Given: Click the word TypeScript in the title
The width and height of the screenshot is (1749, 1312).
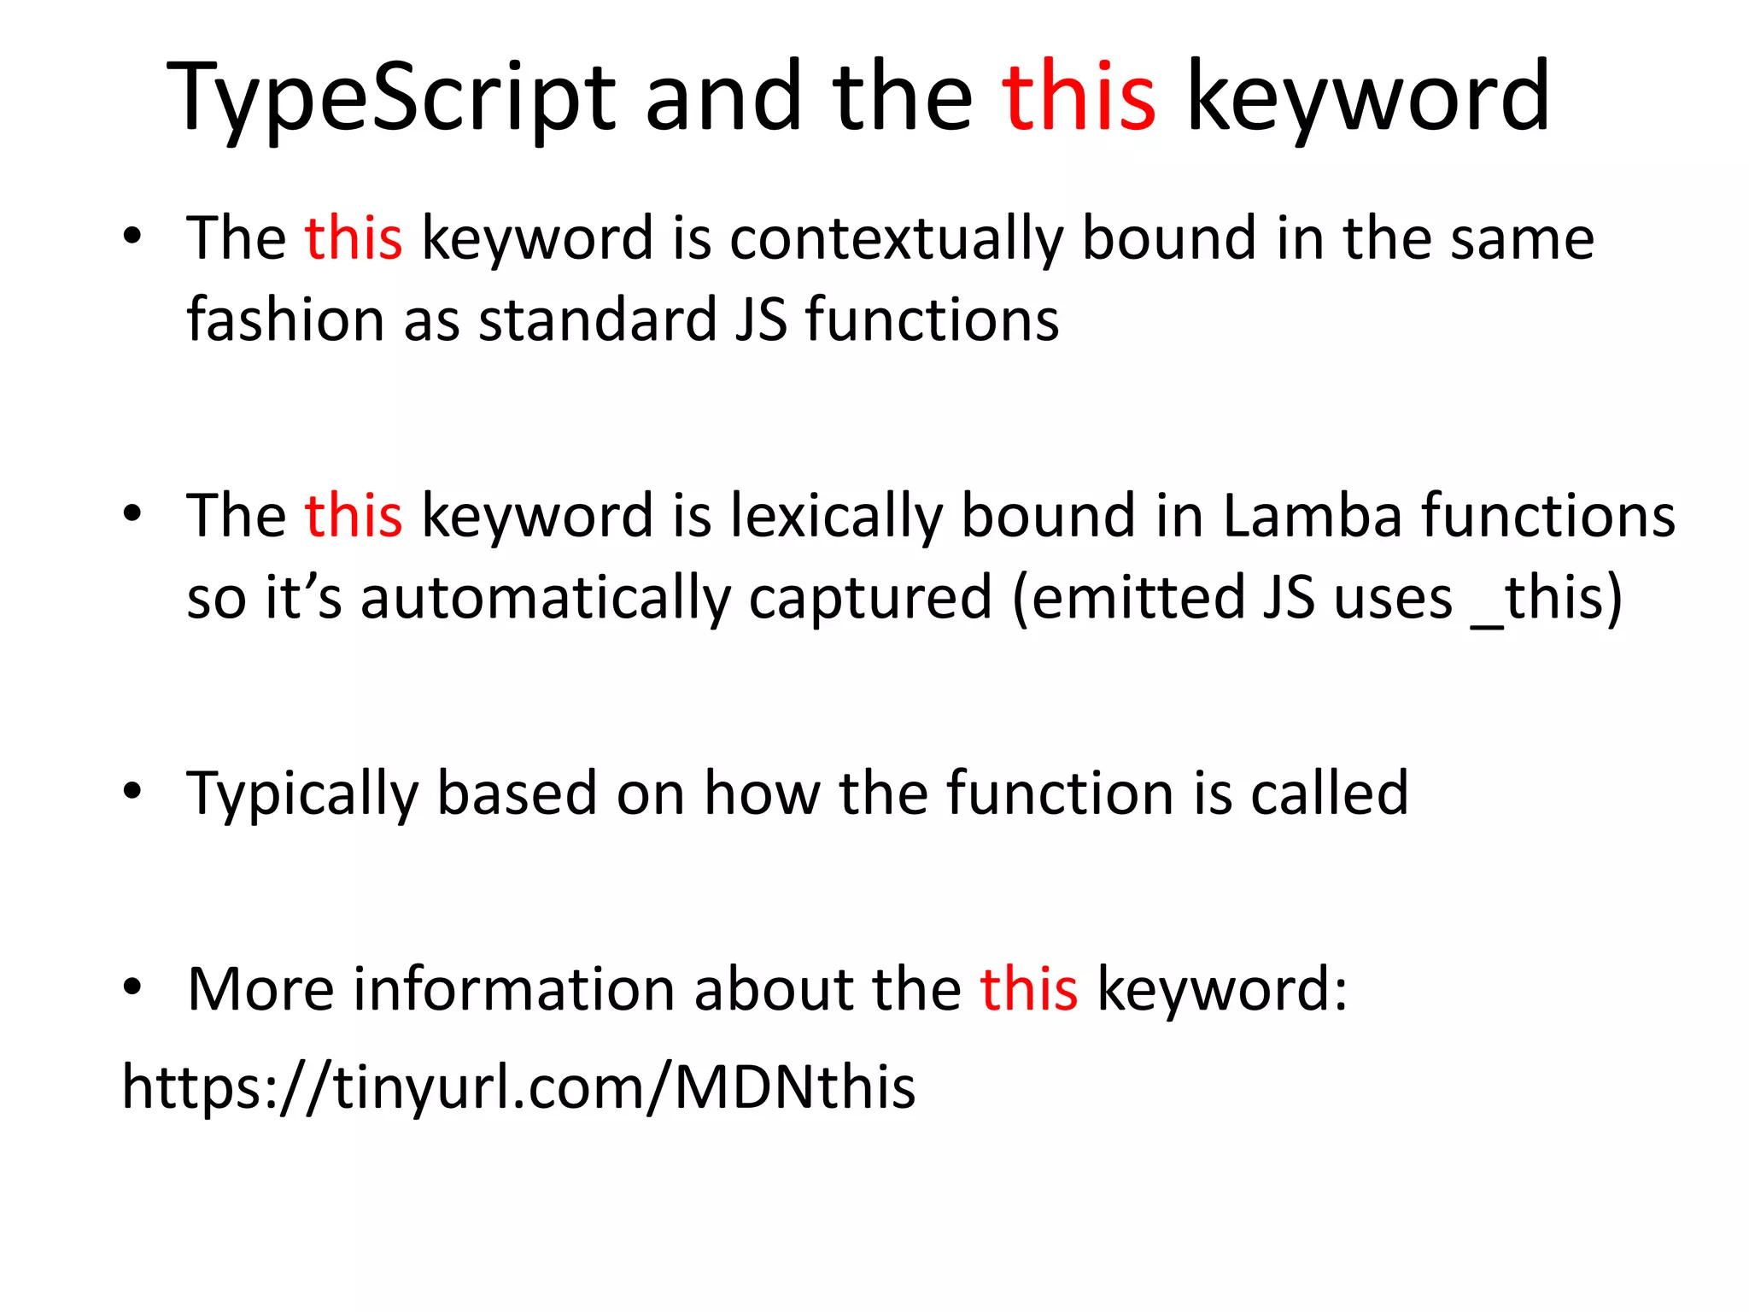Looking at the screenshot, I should click(x=390, y=98).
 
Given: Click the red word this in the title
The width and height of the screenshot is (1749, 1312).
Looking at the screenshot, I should click(x=1079, y=98).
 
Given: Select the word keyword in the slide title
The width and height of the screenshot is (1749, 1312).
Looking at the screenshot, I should click(x=1368, y=98).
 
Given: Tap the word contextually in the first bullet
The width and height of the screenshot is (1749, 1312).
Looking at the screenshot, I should click(x=896, y=238).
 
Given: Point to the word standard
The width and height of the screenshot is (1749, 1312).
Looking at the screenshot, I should click(x=596, y=319).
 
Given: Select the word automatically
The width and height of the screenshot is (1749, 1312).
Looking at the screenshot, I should click(x=545, y=597).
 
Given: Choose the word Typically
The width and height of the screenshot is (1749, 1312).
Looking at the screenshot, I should click(x=302, y=794).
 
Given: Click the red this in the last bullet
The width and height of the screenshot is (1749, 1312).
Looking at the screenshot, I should click(x=1028, y=989).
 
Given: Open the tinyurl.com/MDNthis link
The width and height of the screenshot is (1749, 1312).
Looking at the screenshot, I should click(x=518, y=1087).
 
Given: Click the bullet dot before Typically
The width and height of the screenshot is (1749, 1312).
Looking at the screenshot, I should click(x=132, y=792).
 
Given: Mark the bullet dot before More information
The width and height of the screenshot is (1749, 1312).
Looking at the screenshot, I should click(x=132, y=987).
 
